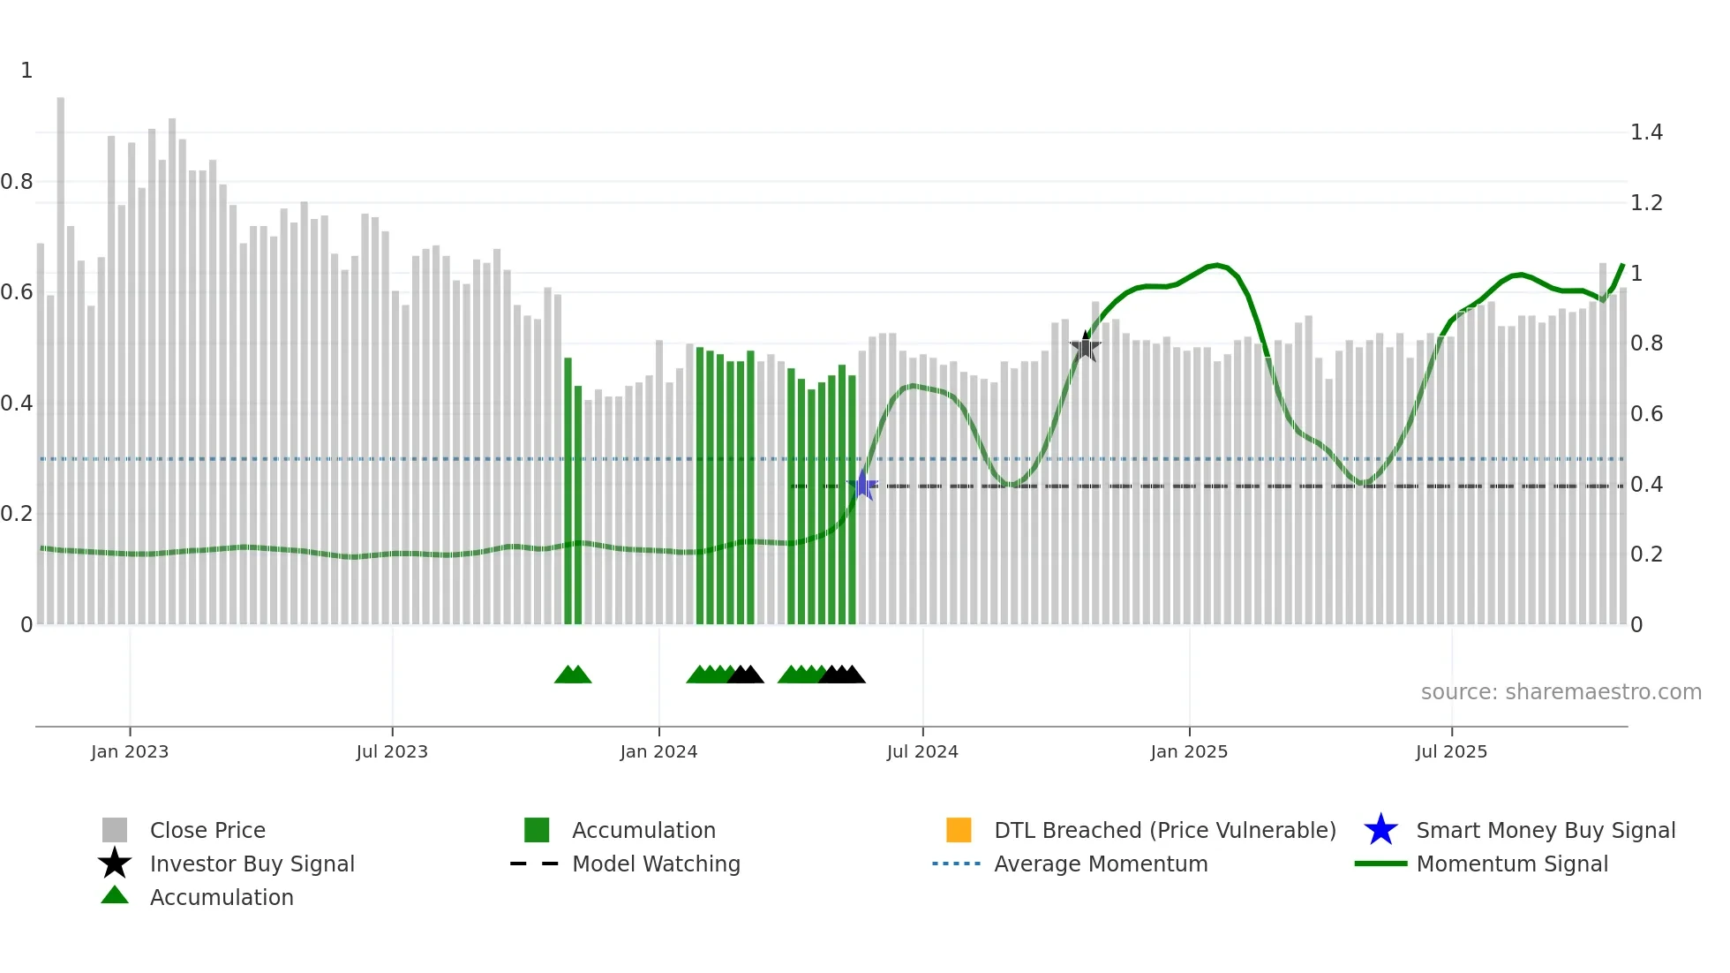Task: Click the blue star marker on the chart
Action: tap(862, 485)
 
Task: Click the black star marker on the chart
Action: tap(1085, 347)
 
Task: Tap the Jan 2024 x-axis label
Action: tap(658, 751)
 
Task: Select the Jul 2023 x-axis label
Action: tap(392, 751)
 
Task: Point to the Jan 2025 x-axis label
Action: tap(1189, 751)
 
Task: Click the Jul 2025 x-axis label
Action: tap(1451, 751)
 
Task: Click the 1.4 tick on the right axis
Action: tap(1646, 132)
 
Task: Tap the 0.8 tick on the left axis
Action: tap(18, 182)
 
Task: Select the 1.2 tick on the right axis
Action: tap(1646, 203)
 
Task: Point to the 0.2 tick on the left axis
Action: tap(18, 514)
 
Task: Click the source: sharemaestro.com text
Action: tap(1561, 692)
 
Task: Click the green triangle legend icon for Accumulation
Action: tap(115, 895)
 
